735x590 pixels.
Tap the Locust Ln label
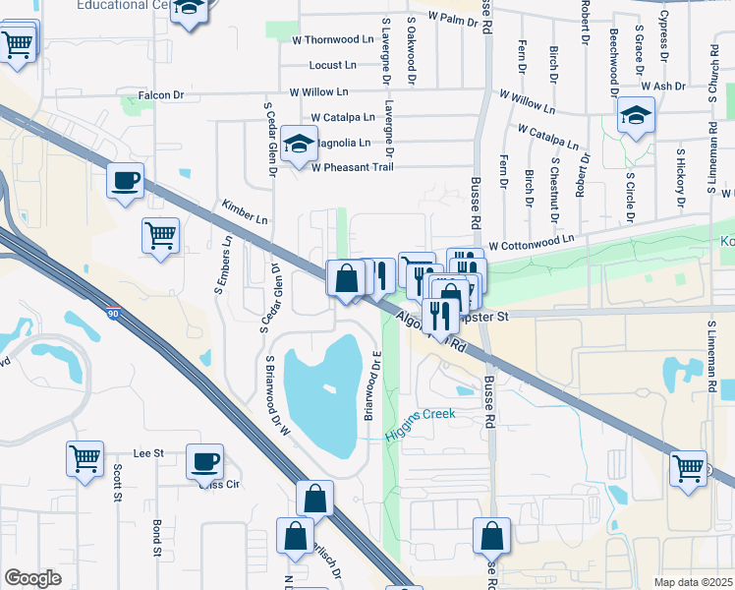(x=333, y=66)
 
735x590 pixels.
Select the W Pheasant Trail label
(x=352, y=167)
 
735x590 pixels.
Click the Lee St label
(x=147, y=453)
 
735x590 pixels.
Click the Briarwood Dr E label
(x=371, y=384)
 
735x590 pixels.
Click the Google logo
(x=32, y=578)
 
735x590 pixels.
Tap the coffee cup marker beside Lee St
(x=205, y=462)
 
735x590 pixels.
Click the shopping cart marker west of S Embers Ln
(x=160, y=236)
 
